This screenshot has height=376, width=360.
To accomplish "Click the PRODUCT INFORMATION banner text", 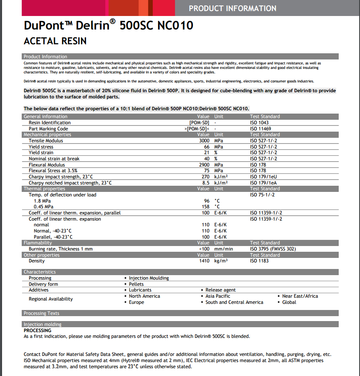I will coord(232,8).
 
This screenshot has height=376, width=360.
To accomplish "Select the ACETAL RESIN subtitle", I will coord(55,41).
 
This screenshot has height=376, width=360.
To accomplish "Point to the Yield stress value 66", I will coord(206,147).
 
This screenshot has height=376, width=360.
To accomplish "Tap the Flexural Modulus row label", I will coord(47,165).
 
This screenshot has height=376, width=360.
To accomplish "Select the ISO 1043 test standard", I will coord(259,123).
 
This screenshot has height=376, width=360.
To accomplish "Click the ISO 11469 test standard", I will coord(261,129).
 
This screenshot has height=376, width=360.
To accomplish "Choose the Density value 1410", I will coord(204,261).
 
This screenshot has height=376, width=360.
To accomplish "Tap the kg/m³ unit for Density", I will coord(221,261).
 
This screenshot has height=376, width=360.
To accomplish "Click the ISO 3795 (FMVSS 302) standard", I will coord(273,249).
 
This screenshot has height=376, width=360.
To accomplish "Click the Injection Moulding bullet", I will coord(149,278).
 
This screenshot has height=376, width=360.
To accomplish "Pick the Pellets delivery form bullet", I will coord(136,284).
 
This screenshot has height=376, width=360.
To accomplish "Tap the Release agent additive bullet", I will coord(220,290).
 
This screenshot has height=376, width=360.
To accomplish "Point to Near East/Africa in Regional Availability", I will coord(300,296).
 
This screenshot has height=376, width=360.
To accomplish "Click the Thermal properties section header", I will coord(44,189).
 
